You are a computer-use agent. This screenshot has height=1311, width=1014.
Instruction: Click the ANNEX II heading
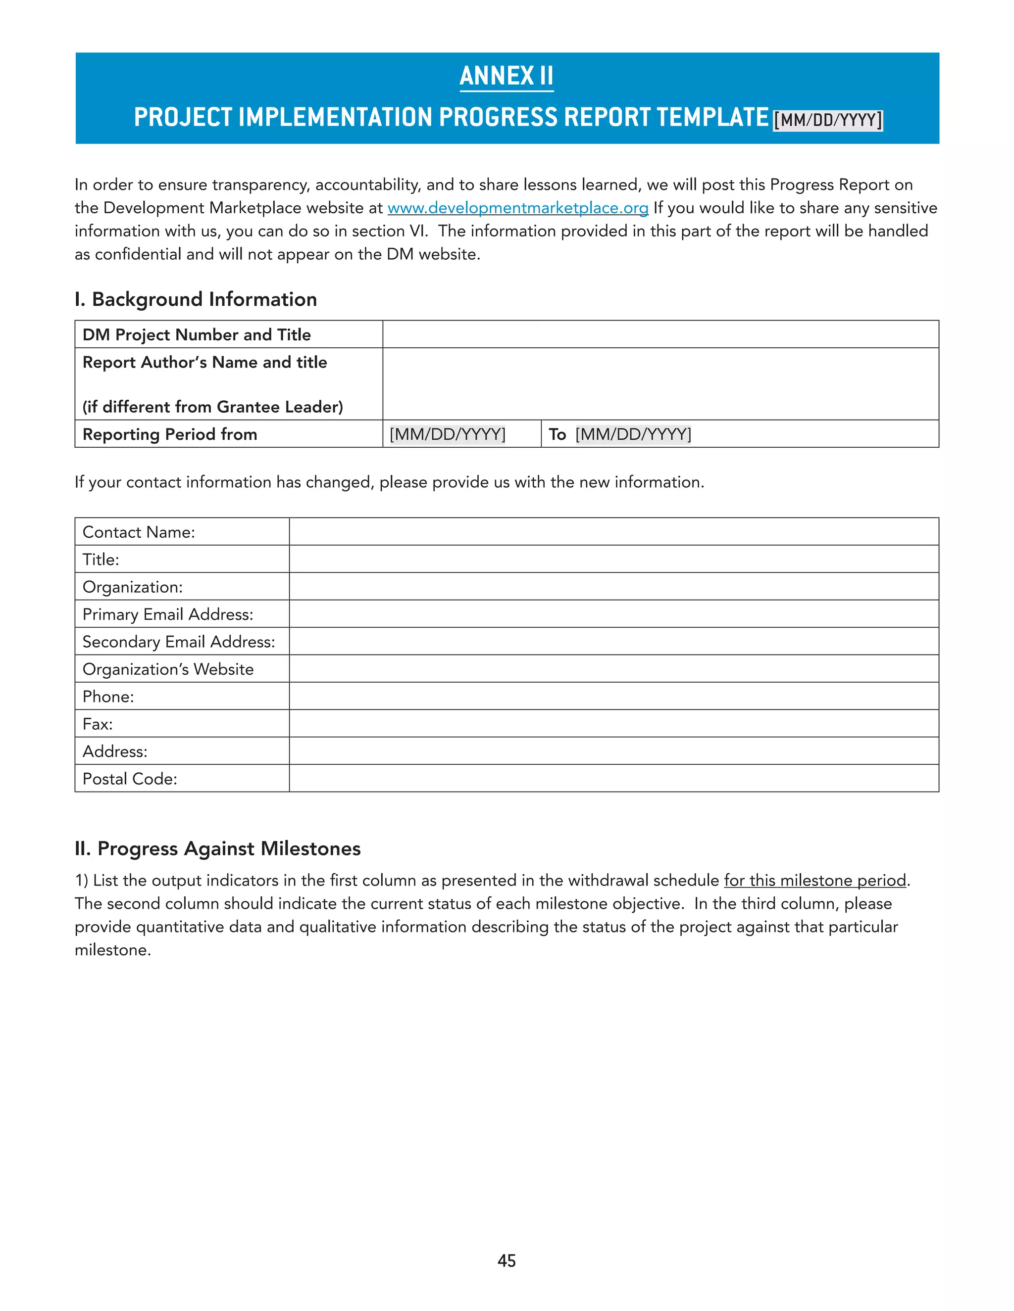507,76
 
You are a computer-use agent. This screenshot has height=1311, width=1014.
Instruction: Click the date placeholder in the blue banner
827,120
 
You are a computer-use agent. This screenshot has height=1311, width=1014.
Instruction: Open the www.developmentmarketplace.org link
517,208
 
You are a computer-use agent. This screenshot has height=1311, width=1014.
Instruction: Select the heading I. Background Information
196,299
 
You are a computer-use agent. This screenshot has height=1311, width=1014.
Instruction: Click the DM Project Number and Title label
197,334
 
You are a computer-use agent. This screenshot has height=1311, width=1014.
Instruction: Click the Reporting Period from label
169,434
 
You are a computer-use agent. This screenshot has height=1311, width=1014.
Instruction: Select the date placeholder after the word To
633,434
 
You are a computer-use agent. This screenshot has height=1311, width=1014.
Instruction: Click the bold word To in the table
557,434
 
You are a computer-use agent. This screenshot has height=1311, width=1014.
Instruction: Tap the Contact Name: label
139,532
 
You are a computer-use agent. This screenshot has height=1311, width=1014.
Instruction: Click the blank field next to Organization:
613,586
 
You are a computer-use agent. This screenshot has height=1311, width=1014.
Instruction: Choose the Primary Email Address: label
168,614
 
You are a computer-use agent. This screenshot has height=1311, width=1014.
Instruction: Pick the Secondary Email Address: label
178,642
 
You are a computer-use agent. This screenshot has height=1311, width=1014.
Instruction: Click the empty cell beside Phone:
613,697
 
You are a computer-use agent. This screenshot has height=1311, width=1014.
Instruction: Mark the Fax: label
98,724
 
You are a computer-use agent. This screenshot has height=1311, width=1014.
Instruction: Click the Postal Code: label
130,779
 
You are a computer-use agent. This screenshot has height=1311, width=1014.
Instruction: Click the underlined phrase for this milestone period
814,880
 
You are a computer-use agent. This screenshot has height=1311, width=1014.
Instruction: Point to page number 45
507,1261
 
